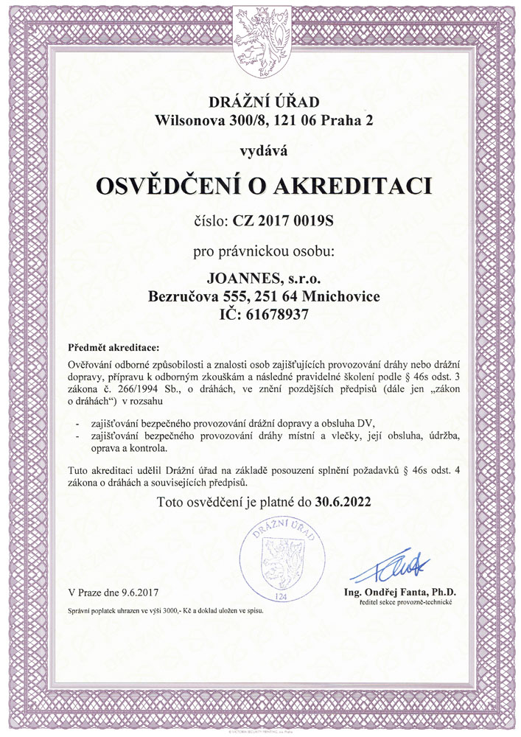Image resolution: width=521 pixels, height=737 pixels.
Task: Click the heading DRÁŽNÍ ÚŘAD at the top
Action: [261, 102]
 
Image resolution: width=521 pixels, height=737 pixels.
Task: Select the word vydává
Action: [260, 152]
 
